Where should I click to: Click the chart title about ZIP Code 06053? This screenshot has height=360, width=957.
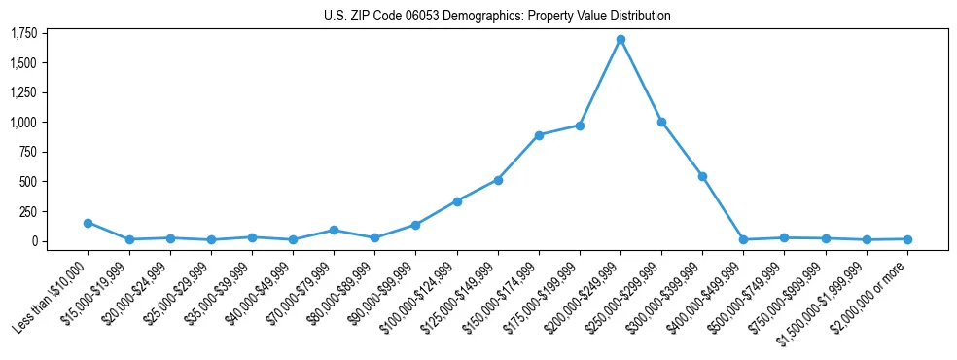497,17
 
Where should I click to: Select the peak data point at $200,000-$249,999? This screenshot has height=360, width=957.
620,40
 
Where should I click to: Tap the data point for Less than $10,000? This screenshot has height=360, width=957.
89,223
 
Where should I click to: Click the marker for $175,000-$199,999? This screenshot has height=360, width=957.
580,126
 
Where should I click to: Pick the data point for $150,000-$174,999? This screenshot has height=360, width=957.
539,135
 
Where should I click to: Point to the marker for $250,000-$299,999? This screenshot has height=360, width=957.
661,123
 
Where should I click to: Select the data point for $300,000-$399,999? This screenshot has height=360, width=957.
702,176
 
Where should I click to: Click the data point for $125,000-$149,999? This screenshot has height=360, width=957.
498,180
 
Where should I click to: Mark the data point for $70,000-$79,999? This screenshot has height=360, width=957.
334,231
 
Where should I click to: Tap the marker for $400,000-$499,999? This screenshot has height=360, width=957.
743,239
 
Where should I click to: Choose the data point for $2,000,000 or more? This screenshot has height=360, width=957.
907,239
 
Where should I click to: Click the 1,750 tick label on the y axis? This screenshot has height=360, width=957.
23,34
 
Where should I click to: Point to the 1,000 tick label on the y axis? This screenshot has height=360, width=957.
23,123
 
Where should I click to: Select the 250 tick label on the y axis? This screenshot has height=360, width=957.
28,211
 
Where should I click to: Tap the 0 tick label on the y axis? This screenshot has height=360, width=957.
35,241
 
